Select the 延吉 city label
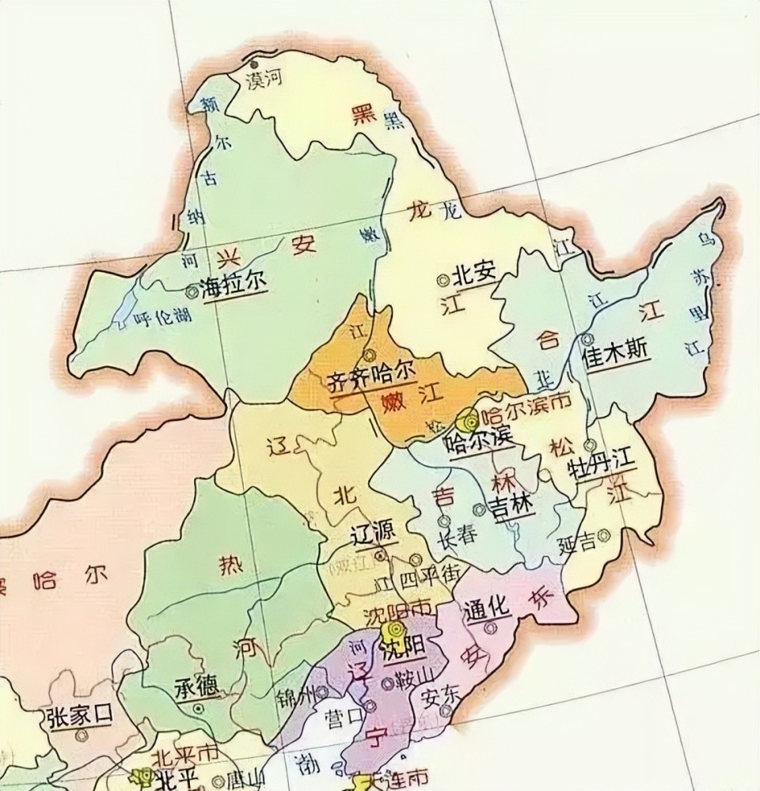click(x=576, y=545)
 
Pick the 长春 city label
click(x=458, y=536)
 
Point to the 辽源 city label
click(x=373, y=534)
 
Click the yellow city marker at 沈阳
click(x=391, y=631)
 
